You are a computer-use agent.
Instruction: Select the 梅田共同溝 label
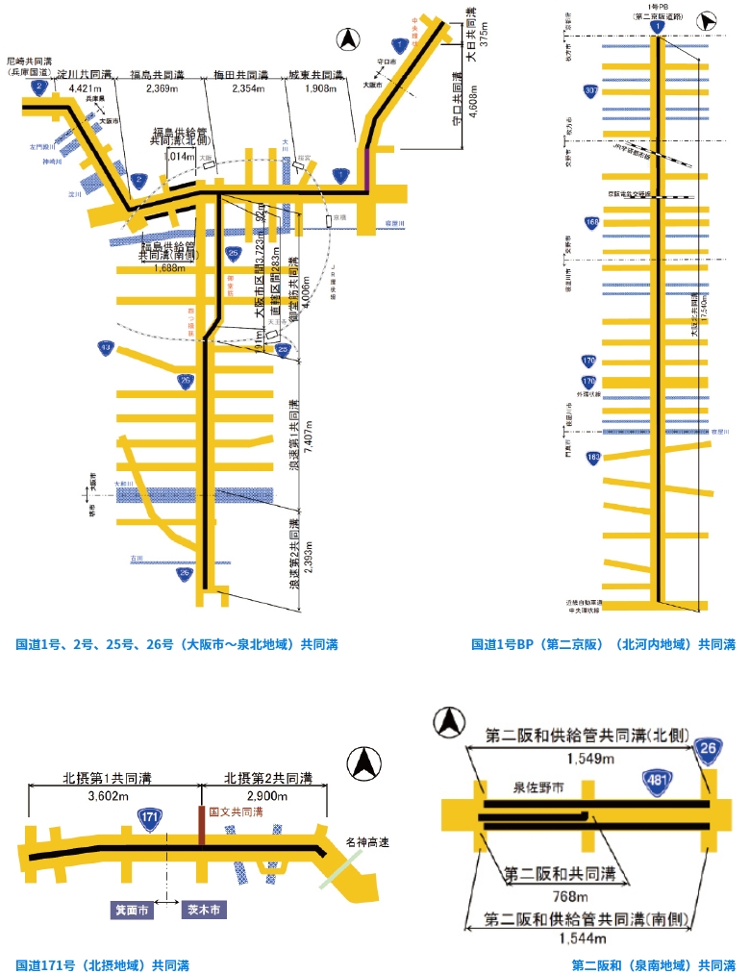click(239, 74)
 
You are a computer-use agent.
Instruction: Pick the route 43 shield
click(106, 347)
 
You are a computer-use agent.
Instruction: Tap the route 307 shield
click(590, 91)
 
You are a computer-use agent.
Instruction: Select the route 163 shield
click(592, 457)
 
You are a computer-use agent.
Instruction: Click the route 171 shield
click(149, 817)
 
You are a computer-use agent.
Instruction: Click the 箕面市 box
click(131, 909)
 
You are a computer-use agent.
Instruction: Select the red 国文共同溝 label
click(236, 812)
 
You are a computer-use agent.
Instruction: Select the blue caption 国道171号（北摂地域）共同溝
click(103, 964)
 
